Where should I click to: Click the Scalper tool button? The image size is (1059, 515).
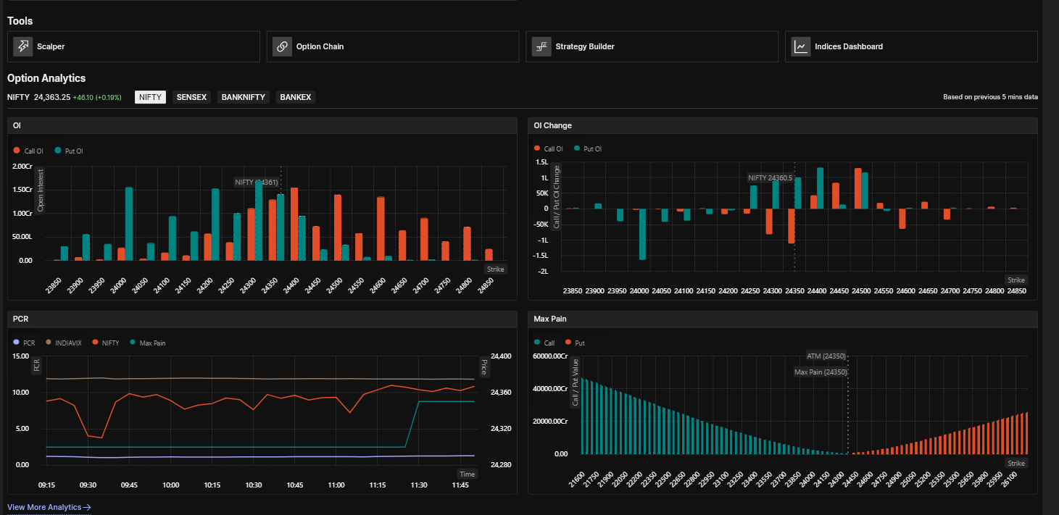(133, 46)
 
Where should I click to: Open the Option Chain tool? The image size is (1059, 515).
(392, 46)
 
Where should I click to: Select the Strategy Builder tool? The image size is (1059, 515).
(652, 46)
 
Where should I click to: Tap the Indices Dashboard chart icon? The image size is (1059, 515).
(801, 46)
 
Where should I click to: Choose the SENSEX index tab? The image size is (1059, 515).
(191, 97)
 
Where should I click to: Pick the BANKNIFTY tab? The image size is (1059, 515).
(243, 97)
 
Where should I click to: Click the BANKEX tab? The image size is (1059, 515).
(296, 97)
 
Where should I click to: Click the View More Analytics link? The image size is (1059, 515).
(49, 507)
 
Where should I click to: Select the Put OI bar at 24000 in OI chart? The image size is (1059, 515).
(128, 224)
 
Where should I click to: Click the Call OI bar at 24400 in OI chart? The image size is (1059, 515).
(294, 225)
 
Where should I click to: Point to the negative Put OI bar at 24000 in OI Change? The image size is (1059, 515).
(642, 234)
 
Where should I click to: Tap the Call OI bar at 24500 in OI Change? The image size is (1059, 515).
(857, 188)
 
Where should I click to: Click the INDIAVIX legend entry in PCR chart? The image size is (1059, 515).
(64, 343)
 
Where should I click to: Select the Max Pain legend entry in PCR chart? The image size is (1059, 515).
(147, 343)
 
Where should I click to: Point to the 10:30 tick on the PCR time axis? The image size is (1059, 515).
(254, 485)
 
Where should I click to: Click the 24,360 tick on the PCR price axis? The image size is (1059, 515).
(501, 392)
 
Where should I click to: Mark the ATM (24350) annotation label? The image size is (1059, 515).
(826, 356)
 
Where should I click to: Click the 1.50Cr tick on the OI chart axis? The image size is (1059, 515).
(22, 190)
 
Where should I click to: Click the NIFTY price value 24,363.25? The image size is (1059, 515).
(52, 97)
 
